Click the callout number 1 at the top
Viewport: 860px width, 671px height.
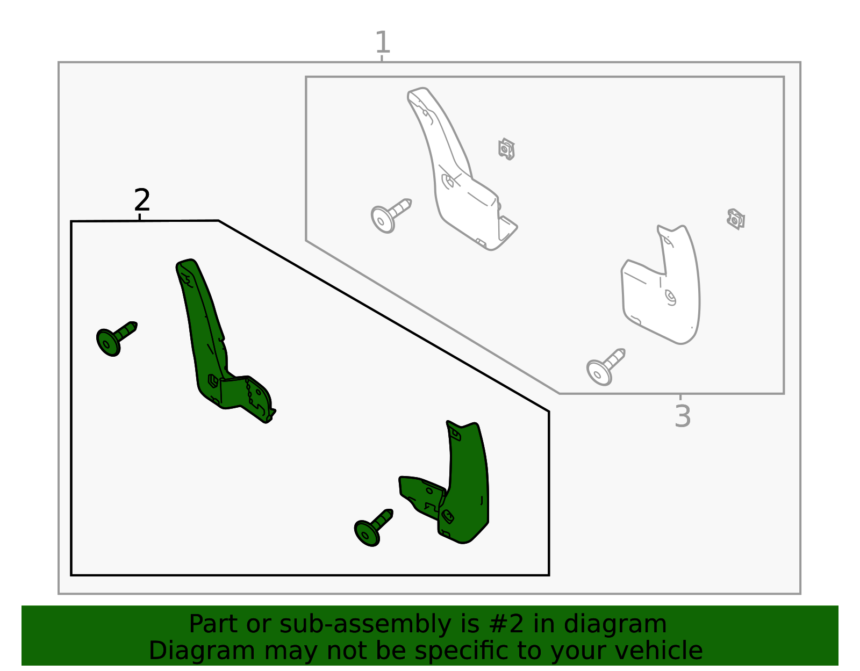382,42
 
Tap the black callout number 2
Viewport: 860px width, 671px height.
142,200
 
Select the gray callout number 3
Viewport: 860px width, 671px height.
682,416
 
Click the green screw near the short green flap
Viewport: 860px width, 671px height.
373,528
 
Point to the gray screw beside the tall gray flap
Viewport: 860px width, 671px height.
391,215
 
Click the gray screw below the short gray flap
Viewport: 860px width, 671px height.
605,367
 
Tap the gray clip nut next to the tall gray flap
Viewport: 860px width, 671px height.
506,149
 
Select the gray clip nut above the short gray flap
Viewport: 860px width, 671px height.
736,219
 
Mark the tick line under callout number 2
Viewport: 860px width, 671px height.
140,217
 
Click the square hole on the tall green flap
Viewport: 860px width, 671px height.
213,381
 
